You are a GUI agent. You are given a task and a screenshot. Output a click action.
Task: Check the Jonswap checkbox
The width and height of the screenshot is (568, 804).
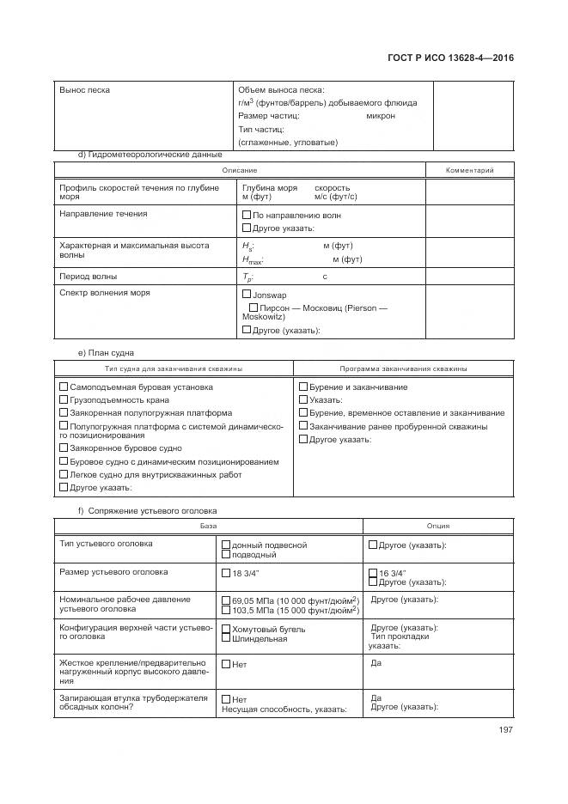click(247, 294)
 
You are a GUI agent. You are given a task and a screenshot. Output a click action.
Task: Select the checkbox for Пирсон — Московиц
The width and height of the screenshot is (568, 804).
click(253, 307)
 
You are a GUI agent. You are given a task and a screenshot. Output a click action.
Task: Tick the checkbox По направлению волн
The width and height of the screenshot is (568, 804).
click(247, 215)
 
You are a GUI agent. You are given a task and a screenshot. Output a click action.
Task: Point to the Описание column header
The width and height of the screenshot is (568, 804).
click(240, 170)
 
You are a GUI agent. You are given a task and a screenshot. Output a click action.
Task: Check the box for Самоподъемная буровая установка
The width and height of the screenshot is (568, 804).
click(64, 387)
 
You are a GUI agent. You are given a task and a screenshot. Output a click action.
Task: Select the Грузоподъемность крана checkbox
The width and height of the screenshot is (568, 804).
click(64, 399)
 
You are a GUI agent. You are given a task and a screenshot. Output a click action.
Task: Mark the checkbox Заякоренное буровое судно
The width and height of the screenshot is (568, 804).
click(64, 448)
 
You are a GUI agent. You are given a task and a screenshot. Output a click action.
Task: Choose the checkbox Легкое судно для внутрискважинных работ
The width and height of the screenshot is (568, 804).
click(64, 474)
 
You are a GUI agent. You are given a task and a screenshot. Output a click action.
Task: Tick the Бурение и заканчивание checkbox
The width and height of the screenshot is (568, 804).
click(302, 387)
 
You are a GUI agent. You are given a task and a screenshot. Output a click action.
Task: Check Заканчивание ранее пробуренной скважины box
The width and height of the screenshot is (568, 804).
click(302, 426)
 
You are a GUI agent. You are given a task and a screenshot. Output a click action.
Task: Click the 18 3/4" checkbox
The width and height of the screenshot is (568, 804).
click(226, 573)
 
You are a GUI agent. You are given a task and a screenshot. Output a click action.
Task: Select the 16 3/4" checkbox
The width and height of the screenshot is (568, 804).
click(373, 573)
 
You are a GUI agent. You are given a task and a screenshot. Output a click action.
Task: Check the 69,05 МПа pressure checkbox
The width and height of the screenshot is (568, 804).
click(226, 600)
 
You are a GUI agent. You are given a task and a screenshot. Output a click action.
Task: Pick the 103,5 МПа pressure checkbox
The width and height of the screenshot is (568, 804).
click(226, 610)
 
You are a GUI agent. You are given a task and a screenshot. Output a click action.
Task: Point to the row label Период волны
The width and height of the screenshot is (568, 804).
click(89, 277)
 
